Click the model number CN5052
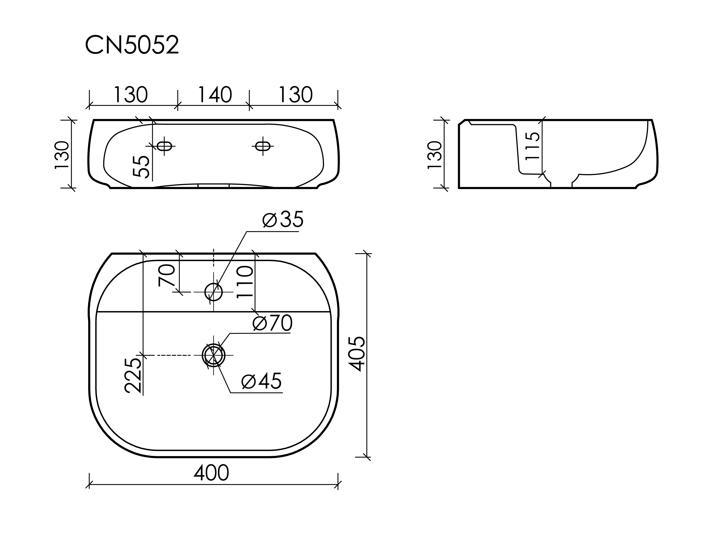(x=132, y=45)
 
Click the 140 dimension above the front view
(x=215, y=95)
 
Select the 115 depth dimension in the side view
(x=532, y=146)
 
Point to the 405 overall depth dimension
(x=357, y=354)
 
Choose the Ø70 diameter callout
(x=273, y=323)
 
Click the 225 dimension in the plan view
(x=133, y=375)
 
